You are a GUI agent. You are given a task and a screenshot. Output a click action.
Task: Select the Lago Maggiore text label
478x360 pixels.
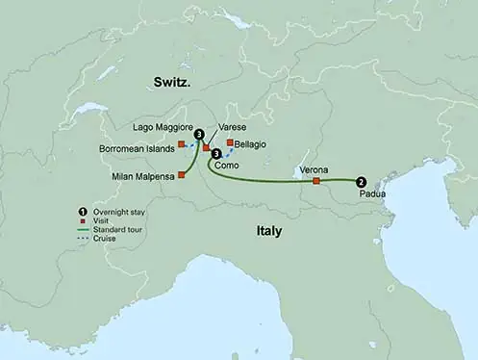(162, 127)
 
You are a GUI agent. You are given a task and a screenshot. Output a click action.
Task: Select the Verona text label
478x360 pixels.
(314, 169)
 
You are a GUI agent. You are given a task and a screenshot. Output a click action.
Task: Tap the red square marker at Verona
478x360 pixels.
(316, 180)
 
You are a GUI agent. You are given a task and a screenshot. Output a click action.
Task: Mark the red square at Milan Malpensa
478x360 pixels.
(181, 175)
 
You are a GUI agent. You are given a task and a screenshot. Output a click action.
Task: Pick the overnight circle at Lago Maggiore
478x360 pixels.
(199, 135)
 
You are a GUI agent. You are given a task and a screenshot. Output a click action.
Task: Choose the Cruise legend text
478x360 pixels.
(105, 239)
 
